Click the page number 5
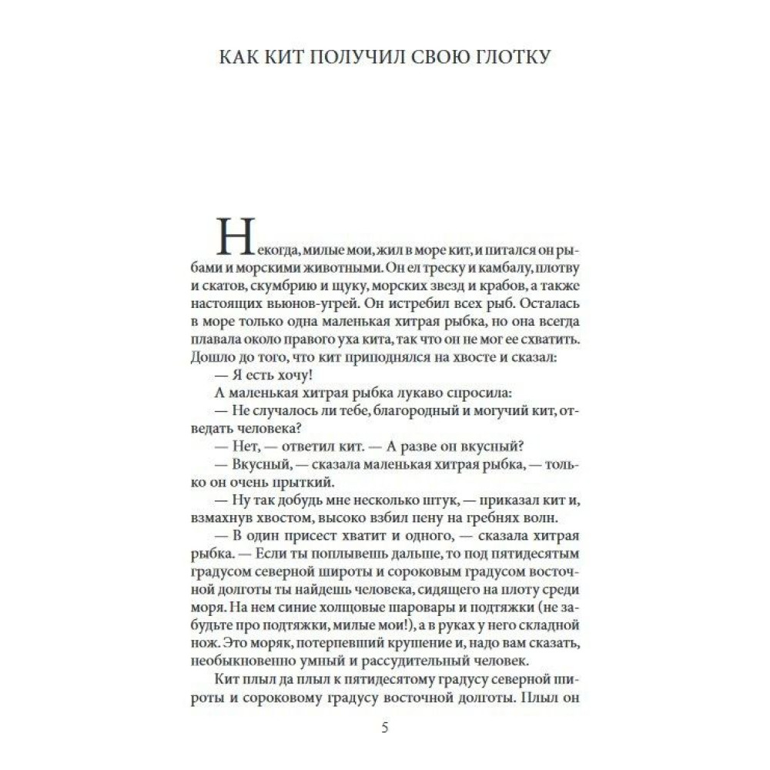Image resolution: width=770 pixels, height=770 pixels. (x=385, y=728)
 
